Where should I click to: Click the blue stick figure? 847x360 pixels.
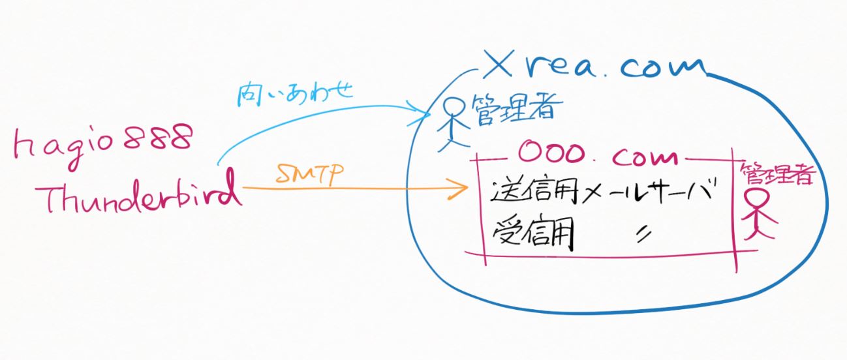[451, 124]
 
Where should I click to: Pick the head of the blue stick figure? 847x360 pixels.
[452, 106]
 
